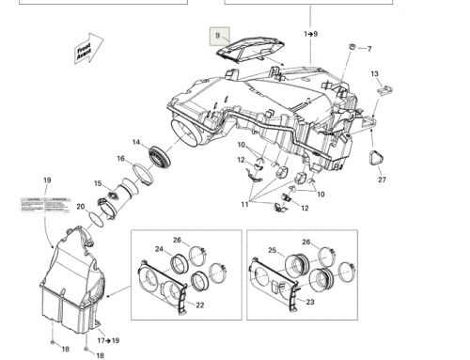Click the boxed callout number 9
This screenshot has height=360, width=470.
pos(217,37)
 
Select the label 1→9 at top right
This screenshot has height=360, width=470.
pos(311,34)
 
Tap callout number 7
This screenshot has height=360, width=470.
pos(368,49)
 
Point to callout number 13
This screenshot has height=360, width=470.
pos(374,74)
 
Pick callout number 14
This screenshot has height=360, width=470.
pos(136,142)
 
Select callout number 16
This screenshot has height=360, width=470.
pos(120,159)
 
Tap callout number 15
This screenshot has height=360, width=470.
pos(98,183)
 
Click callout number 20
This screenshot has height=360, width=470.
pos(81,207)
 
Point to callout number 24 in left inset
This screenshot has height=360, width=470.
pos(159,250)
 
